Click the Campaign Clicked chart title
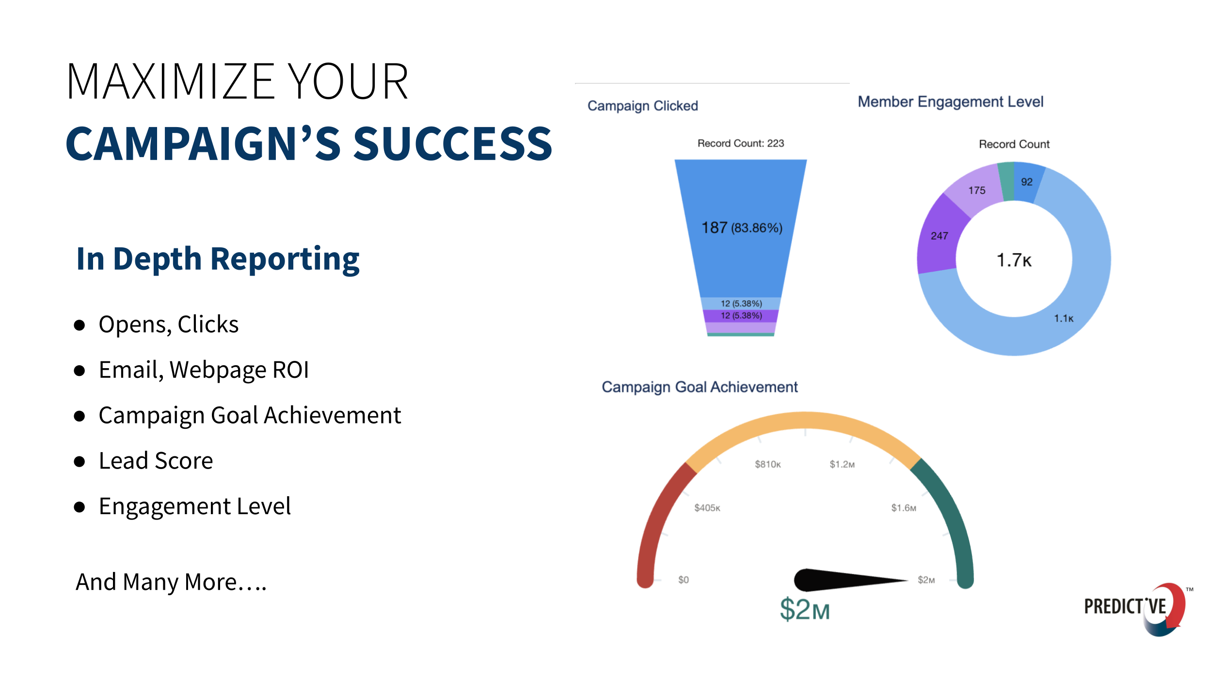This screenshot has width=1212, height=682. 642,106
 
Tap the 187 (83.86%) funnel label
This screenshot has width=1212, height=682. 742,227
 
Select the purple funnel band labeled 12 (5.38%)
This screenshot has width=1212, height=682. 741,316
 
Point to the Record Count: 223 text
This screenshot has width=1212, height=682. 740,143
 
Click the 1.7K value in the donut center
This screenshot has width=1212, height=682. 1014,260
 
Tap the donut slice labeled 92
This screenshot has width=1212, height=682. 1026,182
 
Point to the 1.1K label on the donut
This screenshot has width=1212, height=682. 1064,319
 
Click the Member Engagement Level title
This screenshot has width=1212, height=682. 950,102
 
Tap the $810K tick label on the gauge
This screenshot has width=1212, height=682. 767,464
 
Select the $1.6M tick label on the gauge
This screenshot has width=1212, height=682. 903,508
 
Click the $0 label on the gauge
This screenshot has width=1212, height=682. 683,580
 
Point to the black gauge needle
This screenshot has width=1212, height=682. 839,580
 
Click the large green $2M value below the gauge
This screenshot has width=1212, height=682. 805,610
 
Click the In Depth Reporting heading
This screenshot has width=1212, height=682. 218,259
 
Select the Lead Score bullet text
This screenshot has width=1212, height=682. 156,461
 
